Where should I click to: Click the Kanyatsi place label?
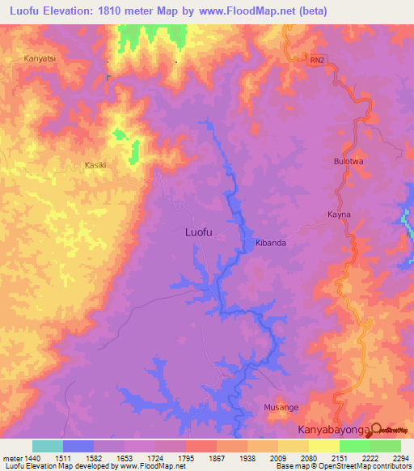click(40, 59)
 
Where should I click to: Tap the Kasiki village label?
click(95, 164)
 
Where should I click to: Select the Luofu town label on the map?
click(198, 232)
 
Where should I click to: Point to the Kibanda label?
click(271, 242)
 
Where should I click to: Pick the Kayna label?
click(339, 214)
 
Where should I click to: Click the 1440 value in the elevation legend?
click(33, 458)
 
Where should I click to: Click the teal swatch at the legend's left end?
click(48, 446)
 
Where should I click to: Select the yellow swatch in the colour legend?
click(323, 446)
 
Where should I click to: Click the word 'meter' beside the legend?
click(12, 458)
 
